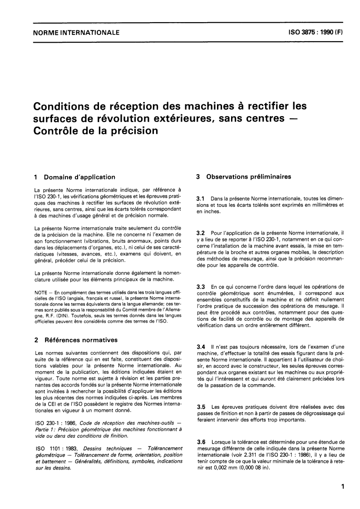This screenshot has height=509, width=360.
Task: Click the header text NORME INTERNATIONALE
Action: pyautogui.click(x=77, y=33)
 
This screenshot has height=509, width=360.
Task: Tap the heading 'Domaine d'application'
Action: pyautogui.click(x=78, y=177)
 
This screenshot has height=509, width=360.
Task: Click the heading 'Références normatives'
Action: pyautogui.click(x=79, y=339)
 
